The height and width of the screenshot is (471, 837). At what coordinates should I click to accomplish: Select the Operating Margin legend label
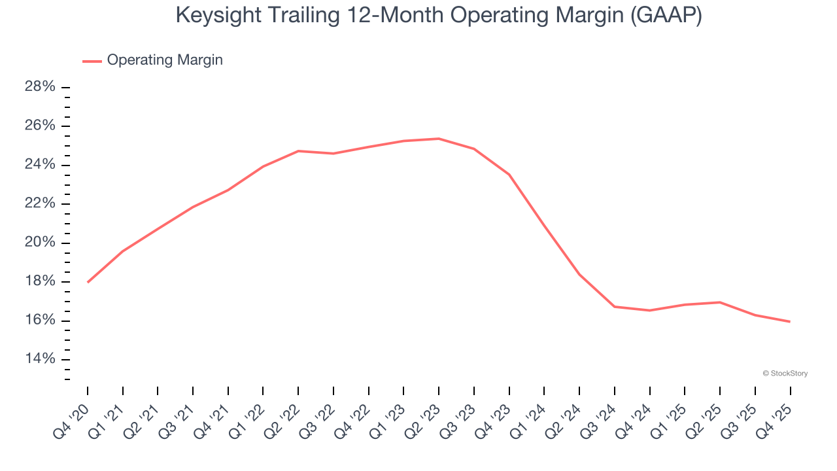(165, 60)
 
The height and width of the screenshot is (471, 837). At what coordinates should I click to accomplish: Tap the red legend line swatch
(92, 61)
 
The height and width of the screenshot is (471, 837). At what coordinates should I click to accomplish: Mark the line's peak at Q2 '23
(439, 139)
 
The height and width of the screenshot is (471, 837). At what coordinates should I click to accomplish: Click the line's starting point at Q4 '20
(88, 282)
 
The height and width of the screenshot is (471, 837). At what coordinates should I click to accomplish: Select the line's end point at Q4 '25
(790, 321)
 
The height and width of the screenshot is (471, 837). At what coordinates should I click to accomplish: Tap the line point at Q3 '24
(615, 307)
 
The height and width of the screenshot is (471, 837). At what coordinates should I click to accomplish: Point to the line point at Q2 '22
(298, 151)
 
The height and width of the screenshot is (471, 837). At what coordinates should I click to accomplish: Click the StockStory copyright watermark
(785, 374)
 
